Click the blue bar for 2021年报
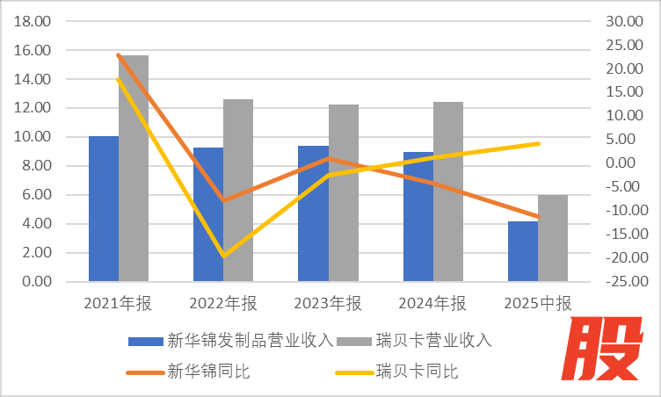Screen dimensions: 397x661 (x=104, y=209)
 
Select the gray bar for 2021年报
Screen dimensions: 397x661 (x=134, y=169)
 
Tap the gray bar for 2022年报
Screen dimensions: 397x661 (x=237, y=191)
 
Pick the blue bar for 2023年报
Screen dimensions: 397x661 (x=313, y=213)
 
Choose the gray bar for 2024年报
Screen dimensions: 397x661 (x=447, y=191)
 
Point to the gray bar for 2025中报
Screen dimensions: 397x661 (x=553, y=238)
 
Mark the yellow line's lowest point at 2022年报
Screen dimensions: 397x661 (x=222, y=256)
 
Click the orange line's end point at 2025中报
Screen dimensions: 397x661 (x=538, y=217)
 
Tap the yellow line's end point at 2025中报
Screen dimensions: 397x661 (x=538, y=143)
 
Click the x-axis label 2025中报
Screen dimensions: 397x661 (x=538, y=304)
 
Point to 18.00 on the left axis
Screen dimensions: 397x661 (x=33, y=21)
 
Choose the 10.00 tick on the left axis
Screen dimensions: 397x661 (x=33, y=137)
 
